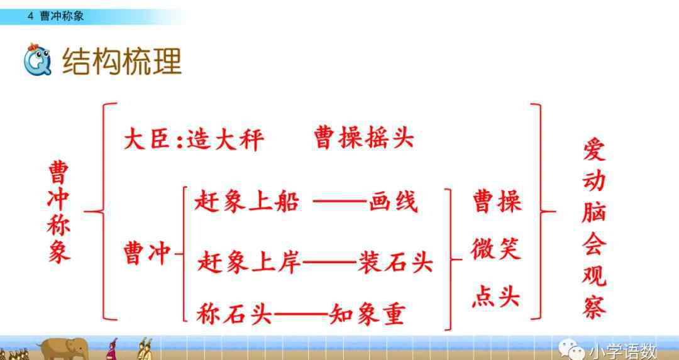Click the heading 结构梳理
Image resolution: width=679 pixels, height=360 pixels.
(122, 62)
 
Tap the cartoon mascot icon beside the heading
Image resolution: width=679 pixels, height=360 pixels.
(37, 59)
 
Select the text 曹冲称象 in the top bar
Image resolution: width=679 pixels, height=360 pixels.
(62, 16)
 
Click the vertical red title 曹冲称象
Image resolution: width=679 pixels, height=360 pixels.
(59, 212)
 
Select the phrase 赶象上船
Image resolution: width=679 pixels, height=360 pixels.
(247, 202)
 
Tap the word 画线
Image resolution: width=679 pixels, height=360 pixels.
(393, 202)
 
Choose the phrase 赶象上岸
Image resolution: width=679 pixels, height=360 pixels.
(249, 262)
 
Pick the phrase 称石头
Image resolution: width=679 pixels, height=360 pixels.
(235, 314)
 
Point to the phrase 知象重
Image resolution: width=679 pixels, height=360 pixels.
(367, 314)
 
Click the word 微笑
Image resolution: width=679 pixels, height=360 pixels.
(496, 249)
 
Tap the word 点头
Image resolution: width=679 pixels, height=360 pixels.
(496, 298)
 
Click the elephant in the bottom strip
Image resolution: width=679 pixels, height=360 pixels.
(64, 349)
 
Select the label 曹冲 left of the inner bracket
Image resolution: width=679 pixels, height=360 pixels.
(146, 253)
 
